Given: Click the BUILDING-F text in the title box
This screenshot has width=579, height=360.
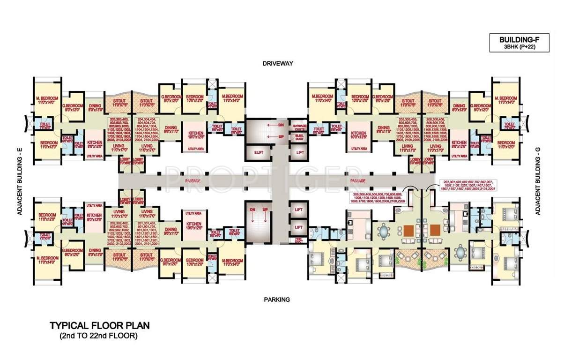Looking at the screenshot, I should coord(519,40).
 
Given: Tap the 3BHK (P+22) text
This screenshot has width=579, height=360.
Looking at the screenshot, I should coord(519,47).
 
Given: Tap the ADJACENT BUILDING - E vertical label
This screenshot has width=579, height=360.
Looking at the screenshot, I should coord(20,180).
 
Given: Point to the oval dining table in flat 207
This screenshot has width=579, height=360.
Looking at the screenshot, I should coord(461,252).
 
